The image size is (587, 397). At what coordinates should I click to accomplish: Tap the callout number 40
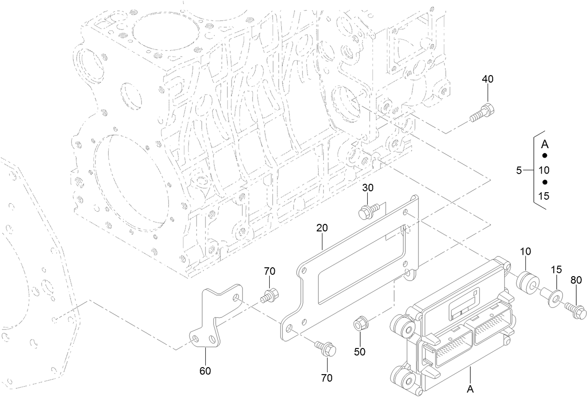point(487,79)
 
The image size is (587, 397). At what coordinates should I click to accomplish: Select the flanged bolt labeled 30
point(368,212)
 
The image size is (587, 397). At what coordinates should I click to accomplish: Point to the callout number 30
point(368,188)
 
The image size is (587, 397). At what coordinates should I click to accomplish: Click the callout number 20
point(322,228)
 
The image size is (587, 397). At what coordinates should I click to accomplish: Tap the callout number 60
point(205,371)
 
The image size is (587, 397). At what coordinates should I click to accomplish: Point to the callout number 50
point(359,351)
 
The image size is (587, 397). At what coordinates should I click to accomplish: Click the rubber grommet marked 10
point(528,281)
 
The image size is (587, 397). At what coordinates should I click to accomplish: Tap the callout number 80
point(576,280)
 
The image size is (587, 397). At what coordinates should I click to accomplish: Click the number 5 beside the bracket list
point(519,171)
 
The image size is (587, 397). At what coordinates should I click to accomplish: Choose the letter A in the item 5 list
point(544,144)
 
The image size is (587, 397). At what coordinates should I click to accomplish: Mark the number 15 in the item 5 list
point(544,196)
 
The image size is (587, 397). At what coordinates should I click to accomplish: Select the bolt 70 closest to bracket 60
point(270,296)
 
